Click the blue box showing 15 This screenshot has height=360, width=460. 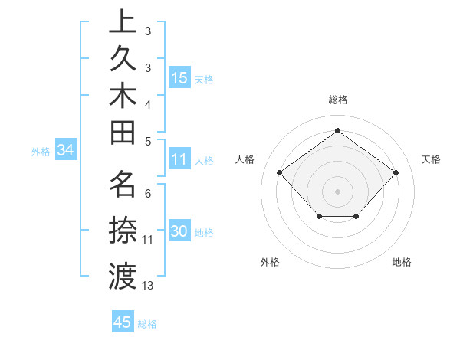(x=179, y=78)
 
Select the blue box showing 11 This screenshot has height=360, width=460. (x=179, y=160)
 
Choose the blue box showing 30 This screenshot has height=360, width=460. (x=179, y=232)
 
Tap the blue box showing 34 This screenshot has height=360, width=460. (x=66, y=151)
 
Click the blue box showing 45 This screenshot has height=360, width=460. (x=123, y=322)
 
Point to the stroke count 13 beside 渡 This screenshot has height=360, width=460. (x=148, y=286)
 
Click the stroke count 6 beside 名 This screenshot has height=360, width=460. (x=148, y=194)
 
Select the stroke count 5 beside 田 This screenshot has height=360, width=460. (x=148, y=141)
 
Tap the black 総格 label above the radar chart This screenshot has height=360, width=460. (x=337, y=100)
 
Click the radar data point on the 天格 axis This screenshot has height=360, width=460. (x=396, y=172)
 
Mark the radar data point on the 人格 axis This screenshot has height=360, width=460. (x=279, y=172)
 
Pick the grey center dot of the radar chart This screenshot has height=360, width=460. (x=337, y=191)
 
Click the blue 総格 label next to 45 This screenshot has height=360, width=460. (x=147, y=324)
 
